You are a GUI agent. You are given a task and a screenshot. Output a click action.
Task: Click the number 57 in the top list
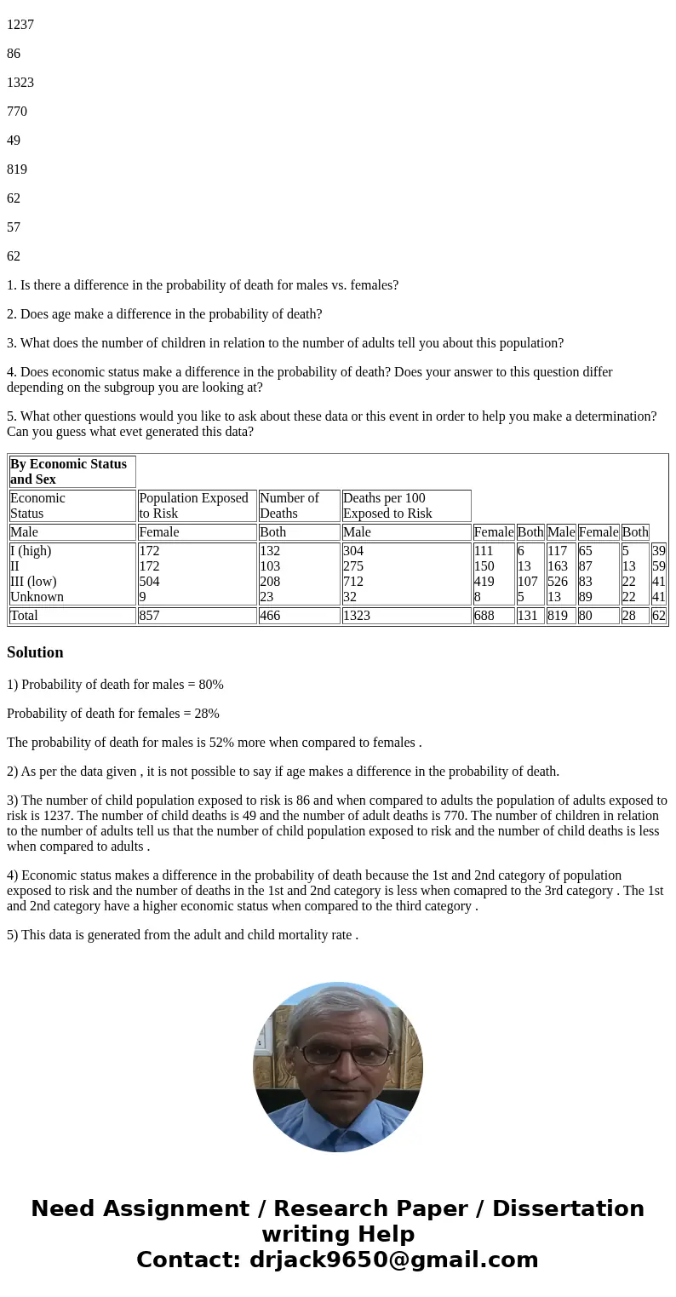(14, 227)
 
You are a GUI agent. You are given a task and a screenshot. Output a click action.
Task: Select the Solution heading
(35, 652)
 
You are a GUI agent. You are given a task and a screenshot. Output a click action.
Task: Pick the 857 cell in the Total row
(149, 615)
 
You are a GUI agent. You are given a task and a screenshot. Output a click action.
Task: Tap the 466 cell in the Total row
(270, 615)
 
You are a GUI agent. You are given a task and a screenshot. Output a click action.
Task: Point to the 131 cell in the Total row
(528, 615)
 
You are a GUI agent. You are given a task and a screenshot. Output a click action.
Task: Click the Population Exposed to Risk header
(194, 505)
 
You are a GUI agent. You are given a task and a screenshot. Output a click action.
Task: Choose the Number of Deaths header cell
(289, 505)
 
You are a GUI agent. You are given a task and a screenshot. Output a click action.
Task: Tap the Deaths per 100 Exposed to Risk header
(387, 505)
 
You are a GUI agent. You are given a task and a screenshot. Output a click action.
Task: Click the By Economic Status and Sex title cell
(68, 471)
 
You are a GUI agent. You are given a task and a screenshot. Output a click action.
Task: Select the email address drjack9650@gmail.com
(394, 1260)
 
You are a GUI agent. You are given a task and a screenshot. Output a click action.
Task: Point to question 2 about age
(164, 314)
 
